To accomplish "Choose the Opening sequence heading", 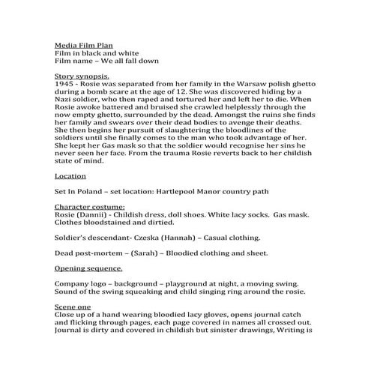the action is click(88, 268).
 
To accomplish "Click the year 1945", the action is click(65, 85).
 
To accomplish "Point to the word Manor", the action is click(224, 191).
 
